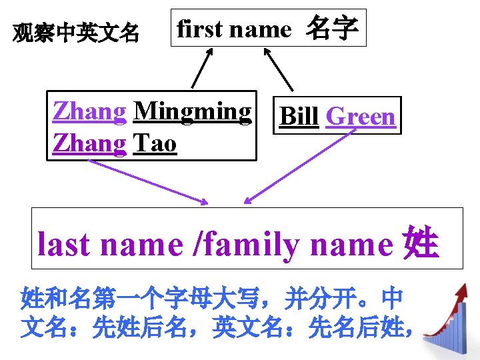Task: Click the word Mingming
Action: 193,111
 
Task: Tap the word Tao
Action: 155,143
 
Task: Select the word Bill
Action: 299,116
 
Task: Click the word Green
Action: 361,116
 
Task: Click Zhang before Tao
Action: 89,143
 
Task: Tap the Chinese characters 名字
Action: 332,29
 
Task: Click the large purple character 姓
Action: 421,244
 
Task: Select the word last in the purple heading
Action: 65,245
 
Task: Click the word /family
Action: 245,245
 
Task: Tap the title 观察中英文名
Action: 77,31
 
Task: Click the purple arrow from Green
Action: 297,167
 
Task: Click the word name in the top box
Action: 261,29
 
